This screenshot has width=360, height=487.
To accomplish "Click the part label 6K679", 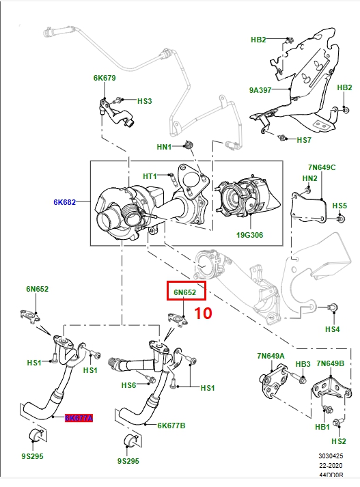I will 105,78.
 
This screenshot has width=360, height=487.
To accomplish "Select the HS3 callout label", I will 144,101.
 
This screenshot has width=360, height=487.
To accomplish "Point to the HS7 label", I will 303,140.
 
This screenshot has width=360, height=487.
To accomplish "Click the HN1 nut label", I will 164,147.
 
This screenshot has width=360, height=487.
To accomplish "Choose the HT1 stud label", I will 150,176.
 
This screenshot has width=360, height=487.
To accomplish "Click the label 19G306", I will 249,236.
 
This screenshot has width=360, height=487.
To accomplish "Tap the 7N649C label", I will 322,167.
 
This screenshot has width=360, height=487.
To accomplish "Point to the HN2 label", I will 310,178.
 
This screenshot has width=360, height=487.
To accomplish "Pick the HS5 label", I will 339,205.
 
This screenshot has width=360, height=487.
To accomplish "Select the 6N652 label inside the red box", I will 184,293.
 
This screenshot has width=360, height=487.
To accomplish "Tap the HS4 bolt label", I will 331,329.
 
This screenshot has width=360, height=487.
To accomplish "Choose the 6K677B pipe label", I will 171,425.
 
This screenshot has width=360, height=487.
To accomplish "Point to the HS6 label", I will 129,386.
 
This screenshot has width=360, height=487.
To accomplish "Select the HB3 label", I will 303,364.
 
